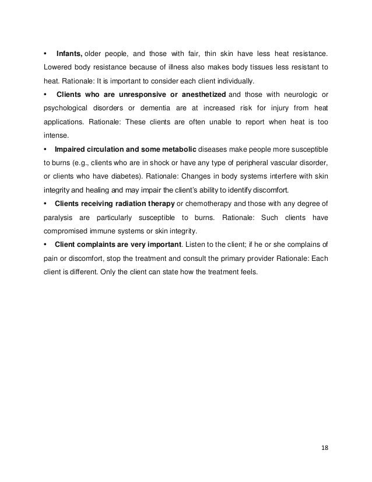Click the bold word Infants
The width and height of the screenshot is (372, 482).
(x=70, y=54)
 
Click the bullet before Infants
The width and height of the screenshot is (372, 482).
(x=45, y=54)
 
